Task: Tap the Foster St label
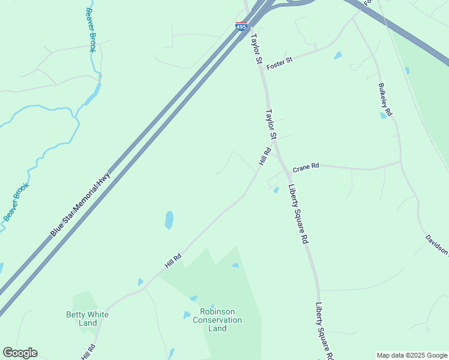point(279,62)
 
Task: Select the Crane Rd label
point(306,167)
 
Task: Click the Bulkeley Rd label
point(385,100)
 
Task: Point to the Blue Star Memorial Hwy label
point(81,204)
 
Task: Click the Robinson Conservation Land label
point(217,320)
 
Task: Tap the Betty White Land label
point(88,319)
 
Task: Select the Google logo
point(20,353)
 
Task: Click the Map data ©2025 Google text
point(412,355)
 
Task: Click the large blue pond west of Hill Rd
point(169,220)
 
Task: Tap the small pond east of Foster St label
point(338,56)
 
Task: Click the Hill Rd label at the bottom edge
point(88,352)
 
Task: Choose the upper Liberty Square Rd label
point(298,214)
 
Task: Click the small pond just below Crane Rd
point(276,190)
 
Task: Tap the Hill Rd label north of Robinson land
point(173,260)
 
